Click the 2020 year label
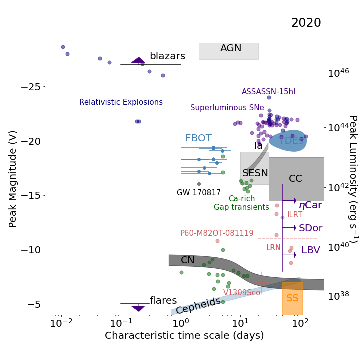tap(306, 23)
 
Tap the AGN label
tap(231, 48)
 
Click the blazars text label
tap(167, 56)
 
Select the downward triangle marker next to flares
tap(138, 309)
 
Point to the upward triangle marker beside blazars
tap(138, 60)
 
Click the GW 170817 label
tap(199, 193)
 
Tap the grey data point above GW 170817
tap(199, 184)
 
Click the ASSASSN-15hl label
tap(268, 92)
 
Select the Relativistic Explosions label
tap(121, 102)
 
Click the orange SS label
tap(292, 298)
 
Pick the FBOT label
tap(198, 138)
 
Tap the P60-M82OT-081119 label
tap(217, 233)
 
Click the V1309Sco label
tap(242, 293)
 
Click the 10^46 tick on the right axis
tap(338, 73)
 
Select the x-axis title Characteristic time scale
tap(184, 336)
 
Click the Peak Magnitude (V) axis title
tap(13, 179)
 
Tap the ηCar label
tap(310, 205)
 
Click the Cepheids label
tap(198, 305)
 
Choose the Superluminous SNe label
tap(227, 108)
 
